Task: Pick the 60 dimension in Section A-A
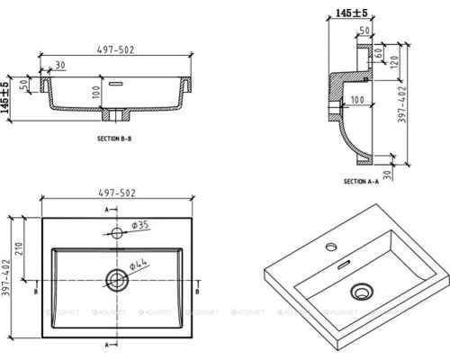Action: pos(381,58)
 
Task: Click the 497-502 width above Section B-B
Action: pos(116,51)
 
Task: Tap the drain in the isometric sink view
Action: pos(364,291)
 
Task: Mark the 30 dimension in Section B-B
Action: pos(59,65)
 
